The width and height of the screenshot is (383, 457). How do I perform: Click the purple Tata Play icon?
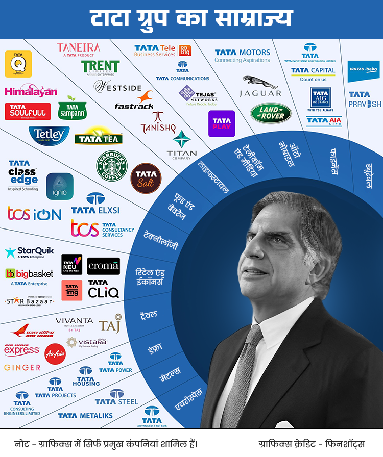tap(222, 123)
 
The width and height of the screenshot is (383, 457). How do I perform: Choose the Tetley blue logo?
tap(49, 135)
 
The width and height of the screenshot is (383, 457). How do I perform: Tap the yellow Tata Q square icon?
tap(18, 64)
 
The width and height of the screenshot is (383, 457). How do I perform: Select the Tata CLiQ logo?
tap(103, 289)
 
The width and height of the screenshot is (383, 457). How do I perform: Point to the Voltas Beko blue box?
tap(364, 71)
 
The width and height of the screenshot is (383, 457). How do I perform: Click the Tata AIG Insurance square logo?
tap(321, 99)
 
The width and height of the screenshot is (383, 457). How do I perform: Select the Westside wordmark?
tap(117, 86)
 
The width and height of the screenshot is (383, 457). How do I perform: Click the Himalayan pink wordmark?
tap(31, 91)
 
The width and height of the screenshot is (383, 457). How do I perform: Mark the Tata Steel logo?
tap(117, 397)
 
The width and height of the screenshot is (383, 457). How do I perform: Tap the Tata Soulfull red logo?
tap(28, 111)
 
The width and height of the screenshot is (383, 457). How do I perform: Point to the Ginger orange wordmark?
tap(22, 367)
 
